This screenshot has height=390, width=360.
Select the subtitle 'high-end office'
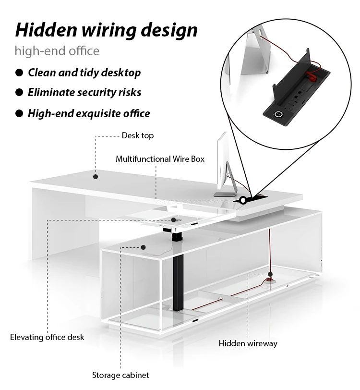pos(57,50)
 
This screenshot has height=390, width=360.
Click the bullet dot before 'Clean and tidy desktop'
pos(19,73)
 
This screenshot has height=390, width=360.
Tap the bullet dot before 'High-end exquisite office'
pos(19,113)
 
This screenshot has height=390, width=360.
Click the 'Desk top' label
pos(137,135)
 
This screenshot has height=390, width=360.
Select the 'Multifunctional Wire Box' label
pos(160,158)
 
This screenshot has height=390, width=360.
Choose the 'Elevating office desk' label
pos(47,337)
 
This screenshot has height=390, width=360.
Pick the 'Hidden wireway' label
pos(248,343)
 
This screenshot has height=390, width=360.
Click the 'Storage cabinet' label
pos(120,375)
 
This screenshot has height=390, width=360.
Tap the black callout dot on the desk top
pos(96,176)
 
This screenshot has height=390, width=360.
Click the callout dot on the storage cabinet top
pos(143,247)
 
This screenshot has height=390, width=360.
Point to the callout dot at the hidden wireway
pos(270,274)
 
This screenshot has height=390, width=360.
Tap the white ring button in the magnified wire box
pos(277,114)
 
